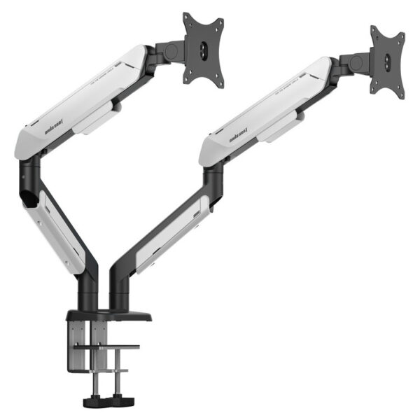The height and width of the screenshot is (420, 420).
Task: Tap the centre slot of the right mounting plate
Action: (386, 60)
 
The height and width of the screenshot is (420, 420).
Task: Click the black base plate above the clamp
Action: (112, 316)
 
